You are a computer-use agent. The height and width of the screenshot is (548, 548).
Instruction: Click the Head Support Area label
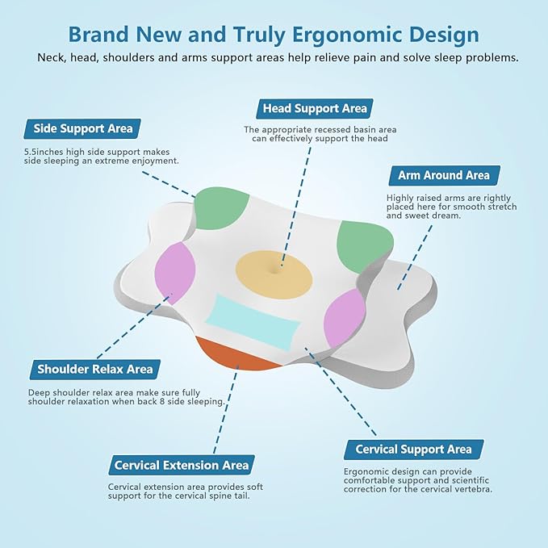pyautogui.click(x=315, y=108)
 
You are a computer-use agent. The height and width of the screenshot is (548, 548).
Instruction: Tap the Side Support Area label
pyautogui.click(x=82, y=128)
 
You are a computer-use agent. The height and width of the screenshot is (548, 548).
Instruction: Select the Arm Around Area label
pyautogui.click(x=444, y=175)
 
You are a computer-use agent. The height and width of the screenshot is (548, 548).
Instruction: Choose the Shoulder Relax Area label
pyautogui.click(x=94, y=370)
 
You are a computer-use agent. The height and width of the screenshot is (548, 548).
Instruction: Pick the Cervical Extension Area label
pyautogui.click(x=182, y=465)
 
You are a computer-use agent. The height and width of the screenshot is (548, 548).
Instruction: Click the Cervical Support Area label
pyautogui.click(x=414, y=450)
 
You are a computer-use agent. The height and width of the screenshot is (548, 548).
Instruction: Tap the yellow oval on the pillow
pyautogui.click(x=274, y=274)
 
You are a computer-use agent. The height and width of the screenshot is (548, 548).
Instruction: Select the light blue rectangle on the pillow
pyautogui.click(x=253, y=322)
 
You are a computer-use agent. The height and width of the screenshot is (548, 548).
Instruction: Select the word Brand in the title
pyautogui.click(x=98, y=35)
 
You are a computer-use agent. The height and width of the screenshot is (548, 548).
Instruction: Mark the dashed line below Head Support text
pyautogui.click(x=295, y=207)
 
